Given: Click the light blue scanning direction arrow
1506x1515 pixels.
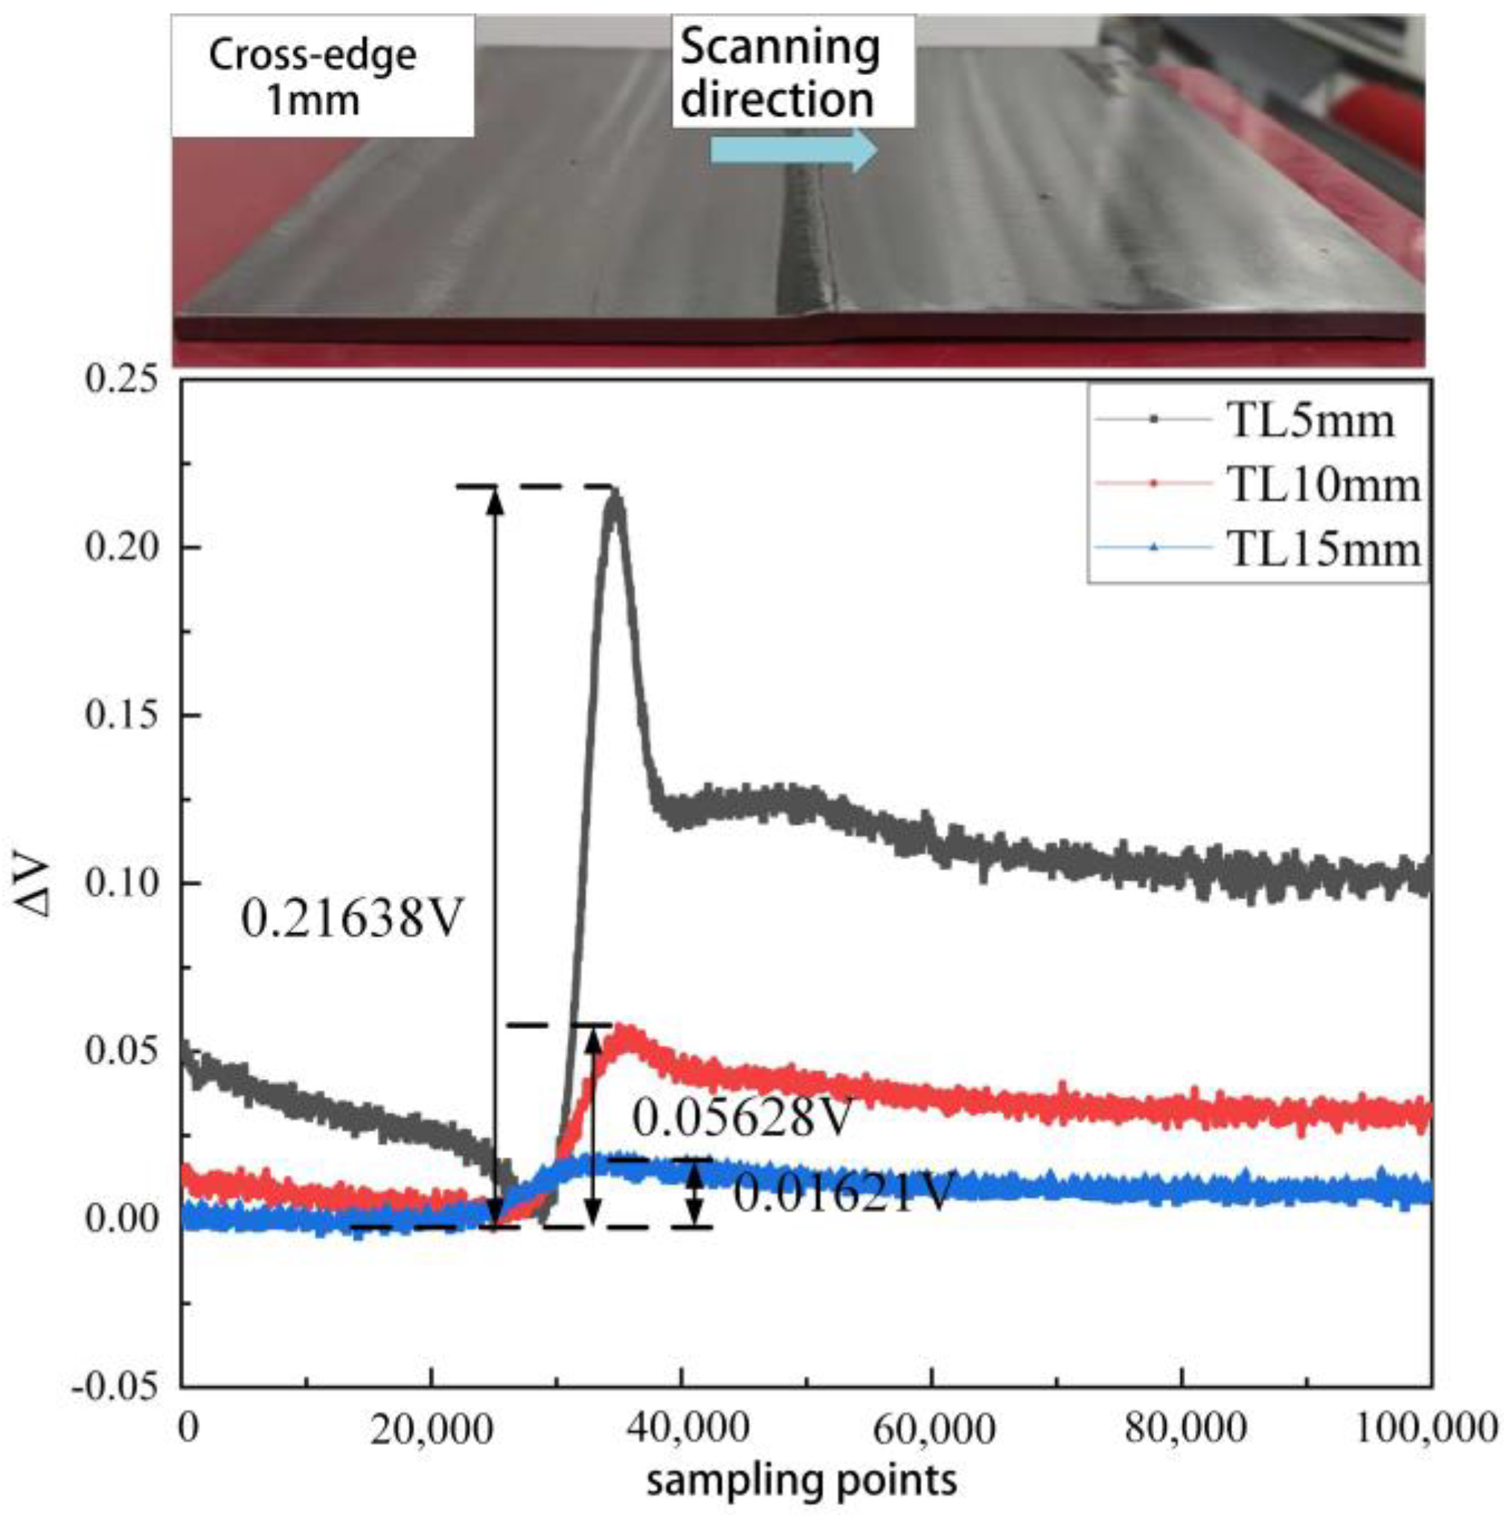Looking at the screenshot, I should (792, 150).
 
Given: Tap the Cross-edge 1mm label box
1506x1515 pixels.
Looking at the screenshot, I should (322, 77).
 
